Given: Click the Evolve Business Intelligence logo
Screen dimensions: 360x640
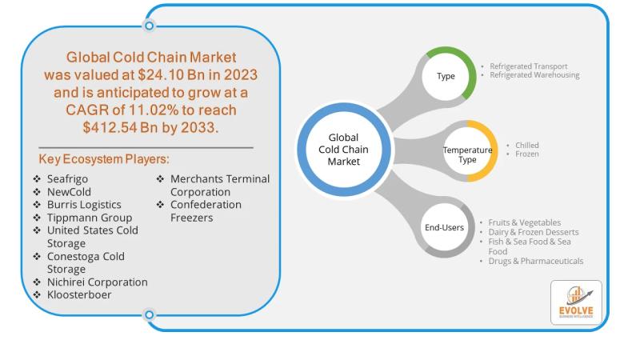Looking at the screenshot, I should point(576,302).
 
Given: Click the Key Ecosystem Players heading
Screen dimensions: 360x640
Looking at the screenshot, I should point(104,159).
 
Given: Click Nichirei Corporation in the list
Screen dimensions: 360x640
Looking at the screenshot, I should point(97,282).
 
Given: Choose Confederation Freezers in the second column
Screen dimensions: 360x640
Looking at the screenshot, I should point(206,211).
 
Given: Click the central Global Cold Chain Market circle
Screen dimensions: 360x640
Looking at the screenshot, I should point(344,150).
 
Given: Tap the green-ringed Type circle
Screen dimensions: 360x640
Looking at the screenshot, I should point(446,77).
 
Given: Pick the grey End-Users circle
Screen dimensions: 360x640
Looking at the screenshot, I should point(444,228).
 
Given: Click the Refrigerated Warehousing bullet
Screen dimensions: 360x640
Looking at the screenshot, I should point(534,75).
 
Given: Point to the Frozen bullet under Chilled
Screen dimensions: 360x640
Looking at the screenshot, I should point(527,154).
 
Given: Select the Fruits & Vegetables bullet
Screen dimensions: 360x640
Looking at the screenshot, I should point(525,222).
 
